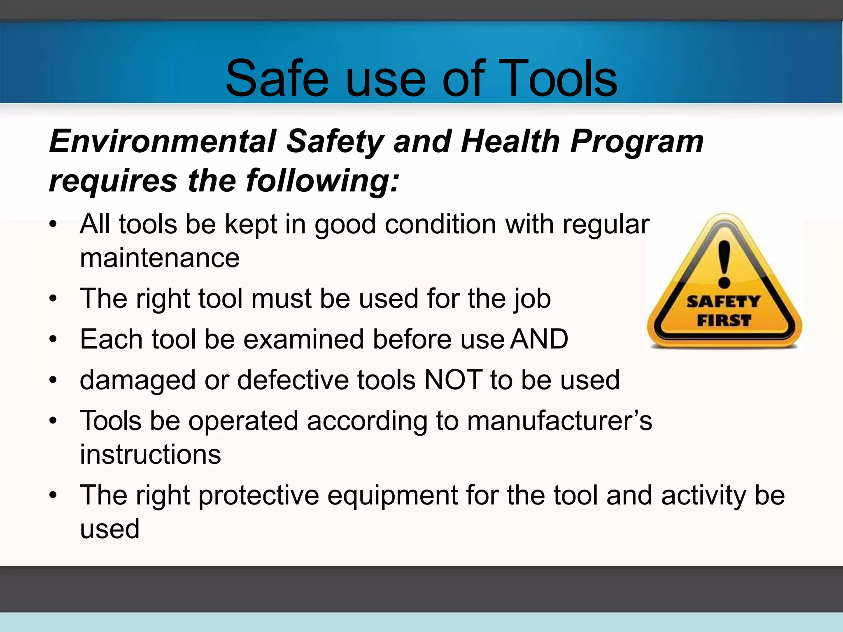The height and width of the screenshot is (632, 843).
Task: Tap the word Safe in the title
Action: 277,78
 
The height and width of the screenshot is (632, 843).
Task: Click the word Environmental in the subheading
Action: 163,142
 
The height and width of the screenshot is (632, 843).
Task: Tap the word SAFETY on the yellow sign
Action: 723,302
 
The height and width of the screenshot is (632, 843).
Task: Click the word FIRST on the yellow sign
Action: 724,320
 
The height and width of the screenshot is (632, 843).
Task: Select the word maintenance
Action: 160,258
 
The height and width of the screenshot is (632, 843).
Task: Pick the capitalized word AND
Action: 539,339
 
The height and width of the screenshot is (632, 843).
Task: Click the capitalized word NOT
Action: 453,379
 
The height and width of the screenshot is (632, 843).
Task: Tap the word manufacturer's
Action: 559,421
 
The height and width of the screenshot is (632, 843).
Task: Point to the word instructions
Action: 150,454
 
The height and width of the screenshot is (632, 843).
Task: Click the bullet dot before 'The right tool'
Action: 53,299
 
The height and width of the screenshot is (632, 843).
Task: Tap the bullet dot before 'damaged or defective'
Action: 53,380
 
